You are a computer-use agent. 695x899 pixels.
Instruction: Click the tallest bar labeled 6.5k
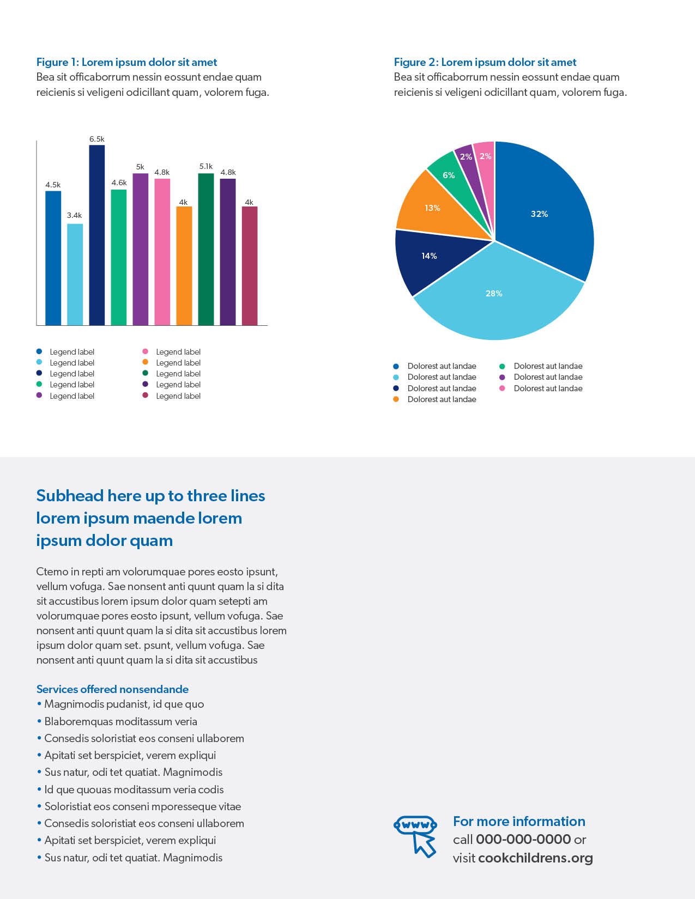(97, 235)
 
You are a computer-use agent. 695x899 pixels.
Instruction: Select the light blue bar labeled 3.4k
(75, 274)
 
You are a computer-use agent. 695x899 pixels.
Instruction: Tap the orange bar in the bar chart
(184, 265)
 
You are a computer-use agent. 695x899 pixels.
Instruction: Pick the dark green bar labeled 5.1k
(206, 249)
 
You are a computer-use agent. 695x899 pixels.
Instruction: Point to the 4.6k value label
(119, 183)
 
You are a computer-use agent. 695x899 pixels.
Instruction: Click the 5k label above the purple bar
(140, 167)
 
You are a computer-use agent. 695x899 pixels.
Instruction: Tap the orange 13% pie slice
(439, 207)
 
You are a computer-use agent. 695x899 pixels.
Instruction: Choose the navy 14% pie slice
(434, 259)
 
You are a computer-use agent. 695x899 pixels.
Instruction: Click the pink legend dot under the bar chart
(146, 351)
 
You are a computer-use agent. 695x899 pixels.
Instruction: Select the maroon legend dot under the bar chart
(146, 396)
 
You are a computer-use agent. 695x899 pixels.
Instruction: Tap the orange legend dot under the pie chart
(396, 399)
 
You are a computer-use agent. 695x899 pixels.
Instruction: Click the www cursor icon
(415, 836)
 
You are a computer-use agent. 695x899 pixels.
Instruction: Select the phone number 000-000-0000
(523, 840)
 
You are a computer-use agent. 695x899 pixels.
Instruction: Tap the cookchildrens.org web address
(536, 858)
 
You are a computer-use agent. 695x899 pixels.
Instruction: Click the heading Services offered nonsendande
(113, 689)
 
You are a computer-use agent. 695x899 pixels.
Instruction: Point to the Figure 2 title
(485, 62)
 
